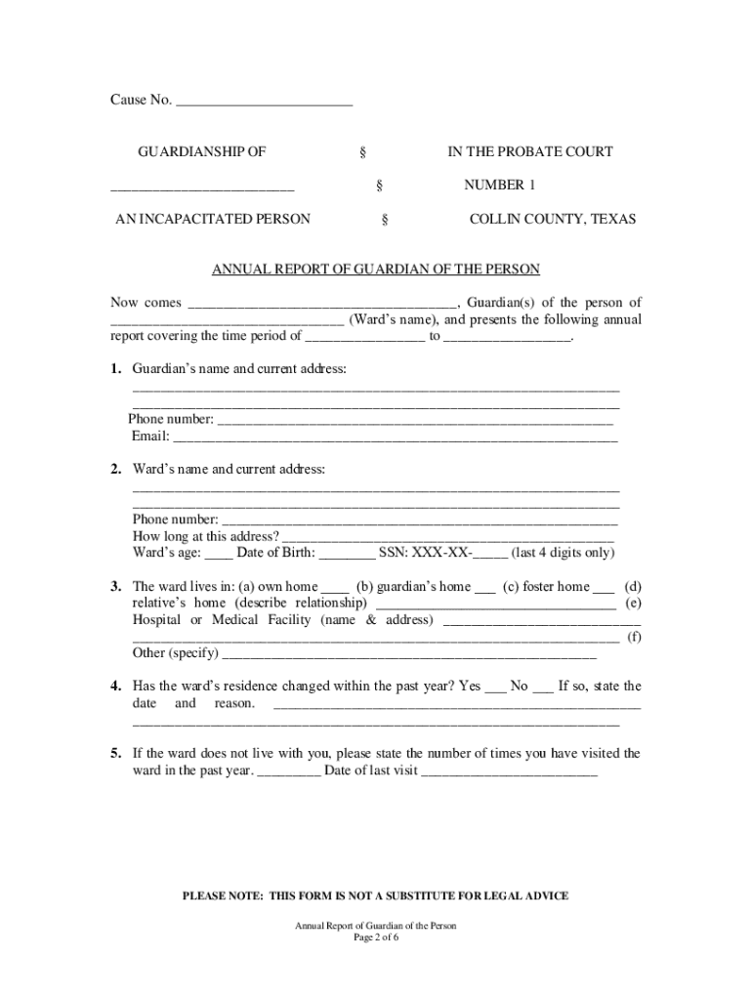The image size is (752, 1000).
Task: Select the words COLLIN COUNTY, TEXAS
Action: (552, 219)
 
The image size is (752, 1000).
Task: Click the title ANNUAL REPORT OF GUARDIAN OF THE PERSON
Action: (376, 269)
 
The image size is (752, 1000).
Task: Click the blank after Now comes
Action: (321, 303)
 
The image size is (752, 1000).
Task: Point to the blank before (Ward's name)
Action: (226, 319)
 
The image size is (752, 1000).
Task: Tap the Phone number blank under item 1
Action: (415, 420)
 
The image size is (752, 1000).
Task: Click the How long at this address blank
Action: (448, 536)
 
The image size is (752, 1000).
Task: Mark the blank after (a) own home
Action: (335, 587)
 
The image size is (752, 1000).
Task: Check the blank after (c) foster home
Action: (604, 587)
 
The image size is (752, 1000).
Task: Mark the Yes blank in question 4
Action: (496, 687)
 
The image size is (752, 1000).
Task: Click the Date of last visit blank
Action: (509, 771)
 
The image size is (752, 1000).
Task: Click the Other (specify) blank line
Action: (409, 653)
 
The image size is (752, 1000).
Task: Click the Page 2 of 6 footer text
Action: (376, 937)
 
